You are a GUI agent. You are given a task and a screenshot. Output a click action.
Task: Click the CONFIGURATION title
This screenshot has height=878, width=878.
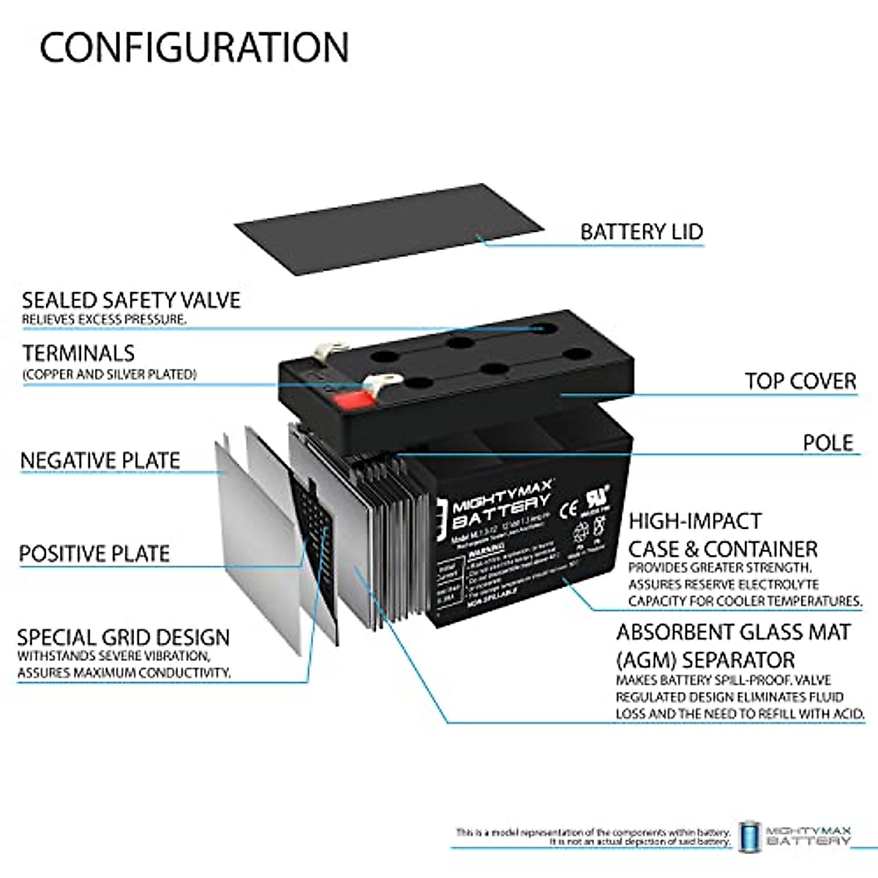[194, 47]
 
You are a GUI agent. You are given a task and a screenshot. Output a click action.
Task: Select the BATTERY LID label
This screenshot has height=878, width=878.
[641, 232]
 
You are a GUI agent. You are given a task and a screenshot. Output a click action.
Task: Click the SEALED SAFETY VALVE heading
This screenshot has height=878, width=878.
[131, 300]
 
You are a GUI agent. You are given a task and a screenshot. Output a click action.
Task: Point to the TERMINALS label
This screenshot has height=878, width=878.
[79, 353]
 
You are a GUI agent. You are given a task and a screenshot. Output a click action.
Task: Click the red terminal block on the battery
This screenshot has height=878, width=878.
[352, 399]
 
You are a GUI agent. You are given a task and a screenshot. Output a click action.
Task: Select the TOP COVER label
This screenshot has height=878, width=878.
[800, 381]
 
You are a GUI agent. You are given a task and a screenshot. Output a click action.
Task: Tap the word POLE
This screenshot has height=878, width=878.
[828, 443]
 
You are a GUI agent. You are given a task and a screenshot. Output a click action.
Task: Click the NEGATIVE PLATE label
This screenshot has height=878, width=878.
[100, 461]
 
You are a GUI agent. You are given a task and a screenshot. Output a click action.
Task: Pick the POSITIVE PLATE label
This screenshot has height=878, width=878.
[94, 554]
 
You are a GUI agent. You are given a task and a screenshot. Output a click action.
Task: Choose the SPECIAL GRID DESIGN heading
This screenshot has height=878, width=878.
[124, 637]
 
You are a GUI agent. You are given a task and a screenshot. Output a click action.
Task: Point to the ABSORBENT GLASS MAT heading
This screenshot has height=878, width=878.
[733, 632]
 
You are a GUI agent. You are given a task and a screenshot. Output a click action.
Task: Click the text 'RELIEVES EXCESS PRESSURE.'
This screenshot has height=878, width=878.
[104, 320]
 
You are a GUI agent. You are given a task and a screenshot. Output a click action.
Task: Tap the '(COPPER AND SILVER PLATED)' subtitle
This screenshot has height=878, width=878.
[110, 375]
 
